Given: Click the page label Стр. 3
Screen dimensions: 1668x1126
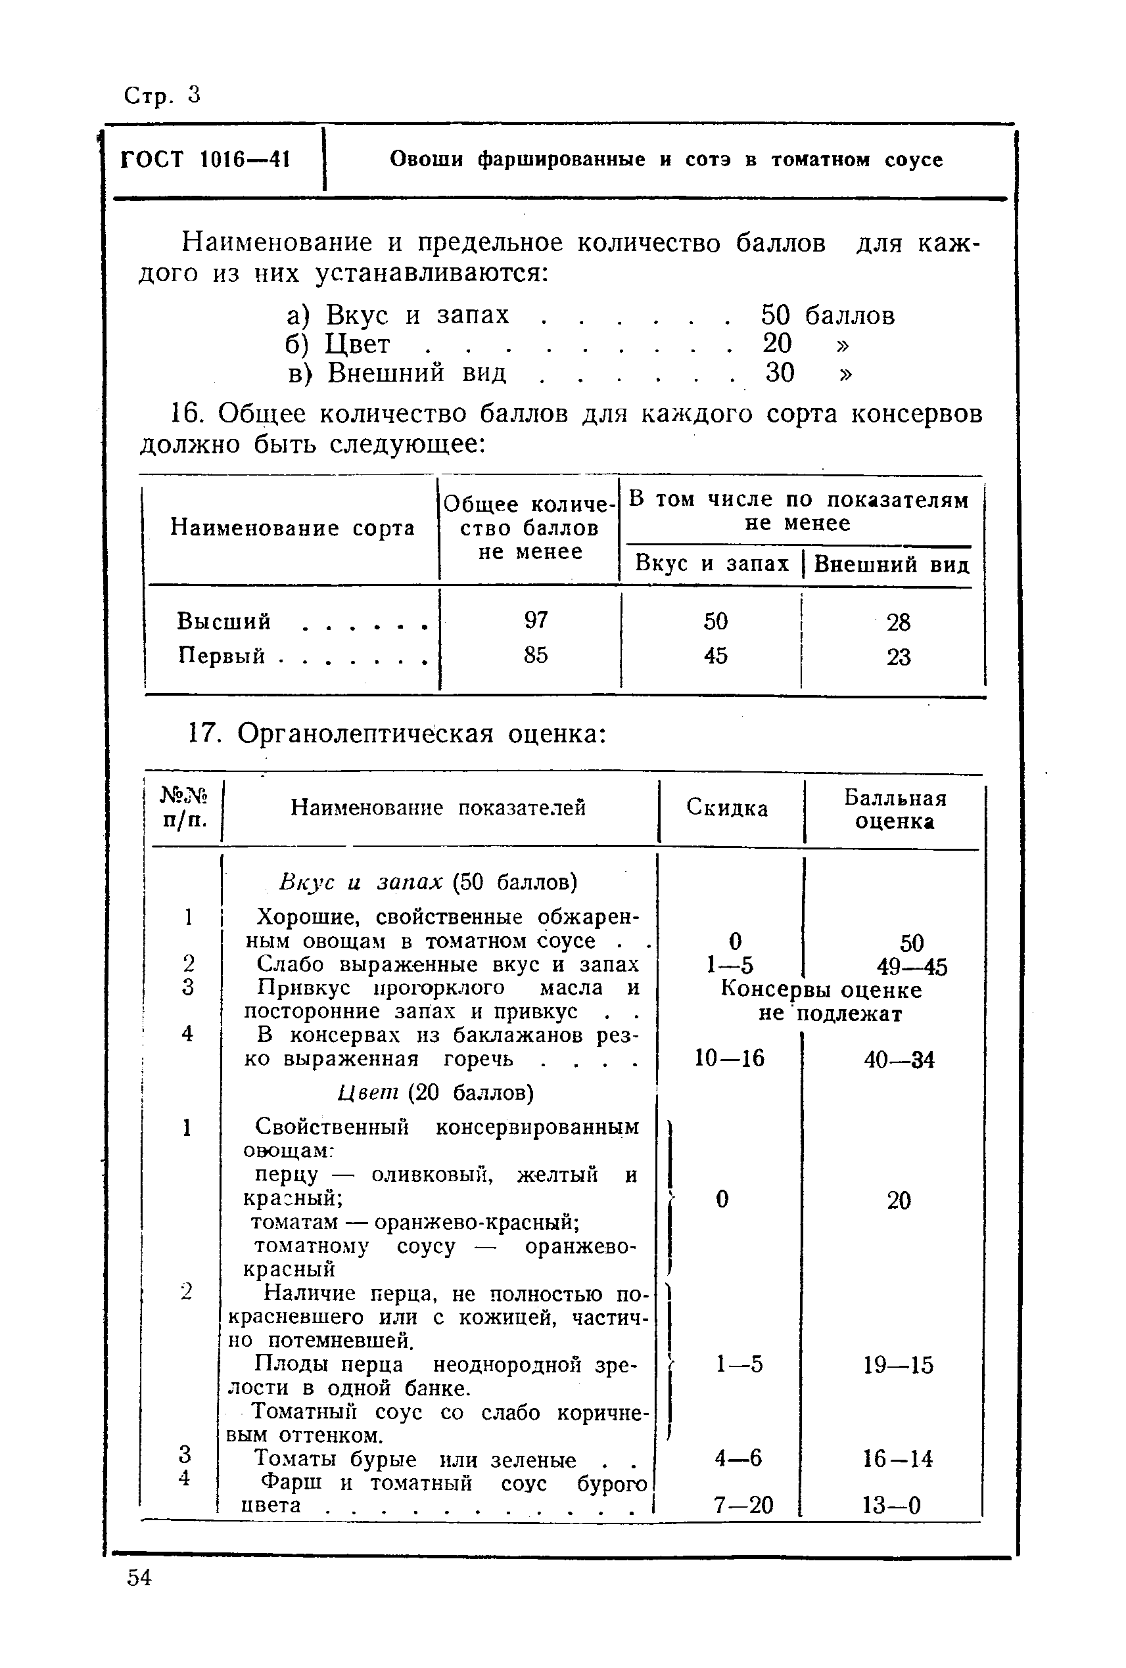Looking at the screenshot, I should coord(162,95).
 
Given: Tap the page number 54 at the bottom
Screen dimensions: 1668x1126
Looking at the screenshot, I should coord(139,1577).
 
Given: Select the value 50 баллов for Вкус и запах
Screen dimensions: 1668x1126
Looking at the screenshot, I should coord(828,315).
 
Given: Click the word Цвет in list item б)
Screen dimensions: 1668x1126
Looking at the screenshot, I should coord(358,344).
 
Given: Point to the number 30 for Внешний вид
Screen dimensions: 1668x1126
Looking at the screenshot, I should coord(779,372).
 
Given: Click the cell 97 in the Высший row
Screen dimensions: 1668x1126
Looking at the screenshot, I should coord(536,620).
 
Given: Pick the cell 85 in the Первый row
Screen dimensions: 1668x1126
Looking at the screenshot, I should coord(536,654).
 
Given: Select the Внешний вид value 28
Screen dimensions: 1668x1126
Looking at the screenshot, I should coord(899,621).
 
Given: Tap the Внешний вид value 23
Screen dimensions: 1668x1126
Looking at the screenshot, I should coord(899,657).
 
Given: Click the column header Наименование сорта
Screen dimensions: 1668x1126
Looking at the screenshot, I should coord(293,528).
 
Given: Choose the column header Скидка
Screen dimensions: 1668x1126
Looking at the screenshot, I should coord(727,808).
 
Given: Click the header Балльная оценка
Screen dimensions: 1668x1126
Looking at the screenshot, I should coord(895,809).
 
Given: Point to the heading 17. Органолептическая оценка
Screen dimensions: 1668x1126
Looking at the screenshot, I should coord(397,734).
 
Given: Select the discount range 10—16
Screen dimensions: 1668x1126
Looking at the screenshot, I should coord(730,1058).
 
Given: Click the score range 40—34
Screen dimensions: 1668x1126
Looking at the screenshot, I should coord(899,1060).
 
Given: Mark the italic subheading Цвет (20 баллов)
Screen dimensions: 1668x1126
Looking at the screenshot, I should coord(436,1093).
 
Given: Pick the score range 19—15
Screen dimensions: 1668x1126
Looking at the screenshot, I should coord(899,1364).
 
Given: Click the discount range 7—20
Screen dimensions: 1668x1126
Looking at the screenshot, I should coord(743,1504).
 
